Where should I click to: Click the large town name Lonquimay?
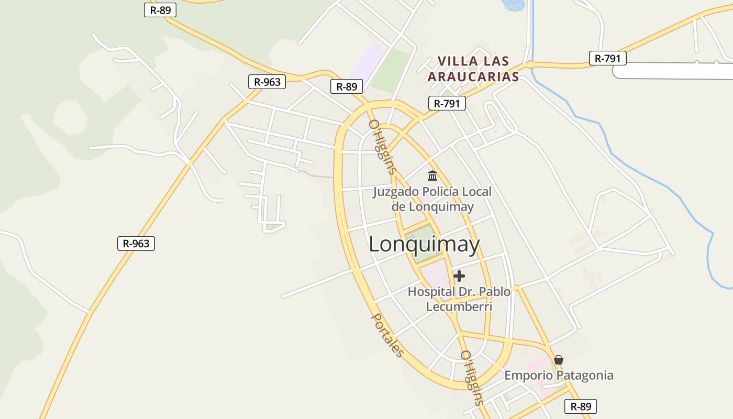[424, 245]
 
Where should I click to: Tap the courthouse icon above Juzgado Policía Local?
[432, 175]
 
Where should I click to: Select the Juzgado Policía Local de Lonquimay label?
[432, 199]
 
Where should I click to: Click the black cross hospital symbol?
[459, 276]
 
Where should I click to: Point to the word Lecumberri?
[459, 306]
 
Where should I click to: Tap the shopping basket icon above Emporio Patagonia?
[559, 360]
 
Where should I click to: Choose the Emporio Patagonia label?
[559, 376]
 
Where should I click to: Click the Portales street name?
[388, 335]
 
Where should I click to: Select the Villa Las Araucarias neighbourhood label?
[473, 69]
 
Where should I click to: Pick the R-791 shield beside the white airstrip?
[607, 58]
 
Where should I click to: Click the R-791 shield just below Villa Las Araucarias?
[447, 103]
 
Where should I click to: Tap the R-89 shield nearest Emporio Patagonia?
[581, 406]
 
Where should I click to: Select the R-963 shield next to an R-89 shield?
[267, 82]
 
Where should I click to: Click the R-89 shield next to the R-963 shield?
[347, 86]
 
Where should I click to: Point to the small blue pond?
[513, 5]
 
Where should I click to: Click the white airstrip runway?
[675, 71]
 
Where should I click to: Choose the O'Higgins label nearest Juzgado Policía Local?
[382, 147]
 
